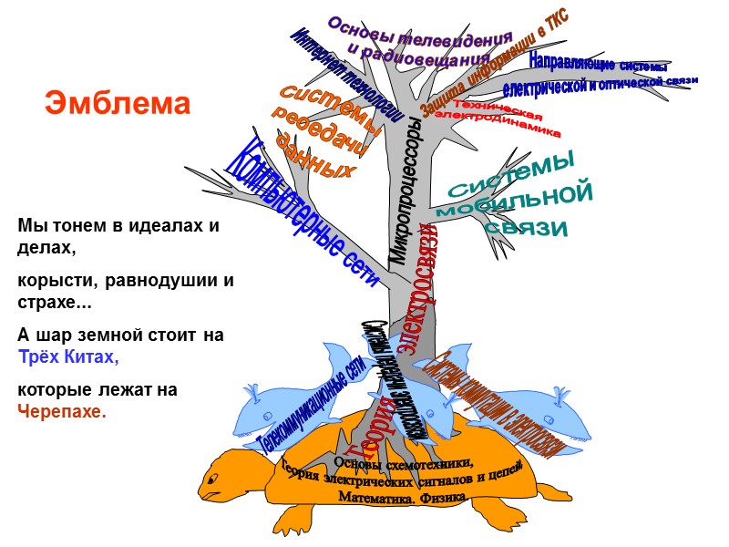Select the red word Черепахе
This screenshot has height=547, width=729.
coord(62,411)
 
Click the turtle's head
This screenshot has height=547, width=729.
coord(223,479)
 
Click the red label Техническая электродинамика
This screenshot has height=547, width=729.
coord(497,121)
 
